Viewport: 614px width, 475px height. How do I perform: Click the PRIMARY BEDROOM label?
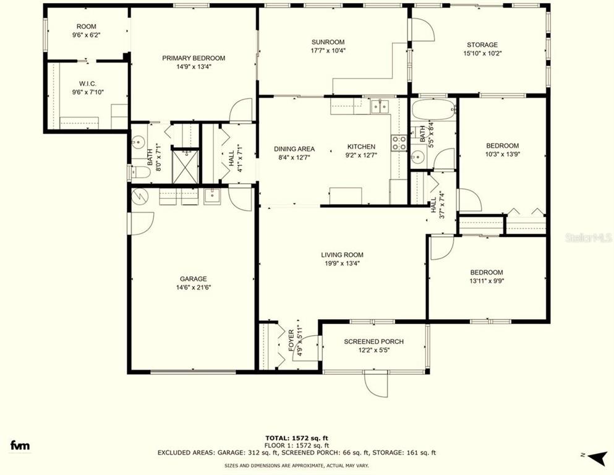tap(194, 58)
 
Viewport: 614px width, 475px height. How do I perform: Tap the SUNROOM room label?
tap(328, 42)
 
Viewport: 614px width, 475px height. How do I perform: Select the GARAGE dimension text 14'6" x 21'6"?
tap(194, 288)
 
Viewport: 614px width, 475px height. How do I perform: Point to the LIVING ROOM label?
tap(342, 255)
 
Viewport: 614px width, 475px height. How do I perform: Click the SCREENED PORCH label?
tap(374, 341)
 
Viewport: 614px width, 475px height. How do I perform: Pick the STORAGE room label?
tap(482, 45)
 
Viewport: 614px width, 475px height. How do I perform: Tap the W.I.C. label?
tap(88, 83)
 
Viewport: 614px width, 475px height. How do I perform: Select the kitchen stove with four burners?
tap(399, 143)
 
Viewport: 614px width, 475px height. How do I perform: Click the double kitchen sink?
tap(380, 106)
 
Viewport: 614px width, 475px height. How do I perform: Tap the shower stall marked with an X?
tap(185, 167)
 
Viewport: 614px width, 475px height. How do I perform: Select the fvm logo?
tap(20, 445)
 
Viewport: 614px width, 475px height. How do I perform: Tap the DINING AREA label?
tap(294, 149)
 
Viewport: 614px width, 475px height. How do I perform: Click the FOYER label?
tap(292, 340)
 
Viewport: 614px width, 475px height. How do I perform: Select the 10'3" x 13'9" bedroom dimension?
tap(502, 154)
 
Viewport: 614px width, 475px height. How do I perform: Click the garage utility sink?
tap(212, 195)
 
